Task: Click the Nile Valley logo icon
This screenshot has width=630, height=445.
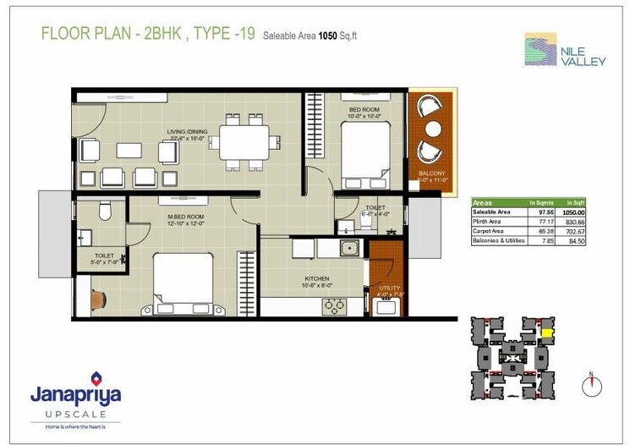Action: [540, 49]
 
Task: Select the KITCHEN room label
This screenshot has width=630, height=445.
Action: [316, 278]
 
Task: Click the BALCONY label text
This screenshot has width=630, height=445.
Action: [432, 173]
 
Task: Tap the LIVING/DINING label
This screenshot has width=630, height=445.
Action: [187, 131]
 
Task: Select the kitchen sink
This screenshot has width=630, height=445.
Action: [348, 248]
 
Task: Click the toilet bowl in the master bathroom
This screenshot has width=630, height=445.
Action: [106, 210]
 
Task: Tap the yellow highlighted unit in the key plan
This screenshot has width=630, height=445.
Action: [547, 333]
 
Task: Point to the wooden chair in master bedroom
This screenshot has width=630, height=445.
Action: [97, 299]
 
